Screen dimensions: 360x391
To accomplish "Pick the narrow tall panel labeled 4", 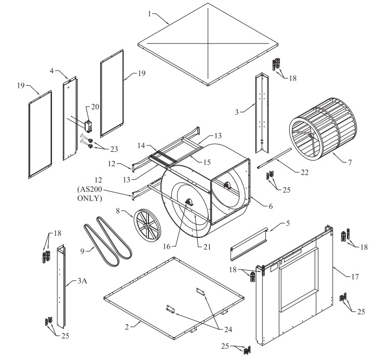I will click(x=70, y=119).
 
